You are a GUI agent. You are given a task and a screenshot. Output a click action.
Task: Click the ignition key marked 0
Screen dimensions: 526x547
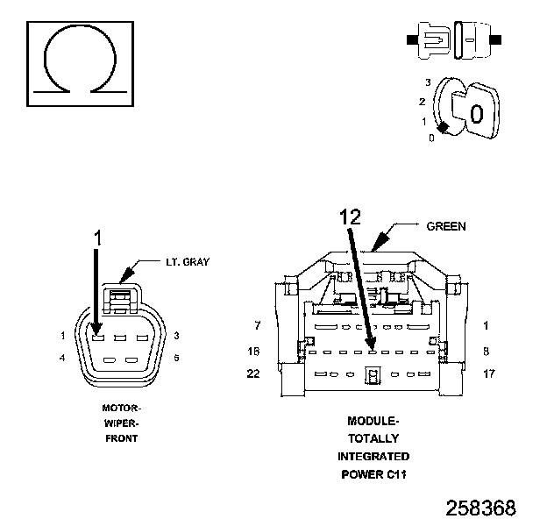pos(474,112)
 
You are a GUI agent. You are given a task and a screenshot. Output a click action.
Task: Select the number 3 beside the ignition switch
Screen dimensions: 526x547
pos(427,82)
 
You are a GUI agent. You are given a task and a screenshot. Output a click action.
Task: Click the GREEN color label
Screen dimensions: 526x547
pos(445,226)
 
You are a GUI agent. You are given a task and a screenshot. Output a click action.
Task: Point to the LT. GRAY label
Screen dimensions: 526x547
pos(187,262)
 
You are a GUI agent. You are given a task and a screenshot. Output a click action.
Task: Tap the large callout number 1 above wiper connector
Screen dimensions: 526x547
pos(98,237)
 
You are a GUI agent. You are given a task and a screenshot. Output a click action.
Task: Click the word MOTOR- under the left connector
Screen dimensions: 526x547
pos(121,408)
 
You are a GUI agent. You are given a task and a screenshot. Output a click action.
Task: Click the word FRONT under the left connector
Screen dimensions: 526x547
pos(121,437)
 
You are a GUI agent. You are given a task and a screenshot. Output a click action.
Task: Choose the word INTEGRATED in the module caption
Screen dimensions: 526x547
pos(373,457)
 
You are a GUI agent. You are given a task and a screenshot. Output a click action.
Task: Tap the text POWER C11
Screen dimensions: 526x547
pos(373,474)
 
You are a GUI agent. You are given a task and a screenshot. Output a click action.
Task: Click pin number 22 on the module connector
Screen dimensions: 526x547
pos(254,373)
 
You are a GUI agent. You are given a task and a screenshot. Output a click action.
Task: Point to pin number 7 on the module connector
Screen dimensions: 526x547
pos(257,326)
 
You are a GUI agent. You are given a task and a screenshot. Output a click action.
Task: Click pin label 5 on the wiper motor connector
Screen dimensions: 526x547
pos(176,358)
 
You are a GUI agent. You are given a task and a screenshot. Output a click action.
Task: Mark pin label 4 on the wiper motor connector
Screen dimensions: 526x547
pos(64,358)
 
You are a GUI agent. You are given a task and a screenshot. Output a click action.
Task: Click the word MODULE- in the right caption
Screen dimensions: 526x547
pos(373,421)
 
